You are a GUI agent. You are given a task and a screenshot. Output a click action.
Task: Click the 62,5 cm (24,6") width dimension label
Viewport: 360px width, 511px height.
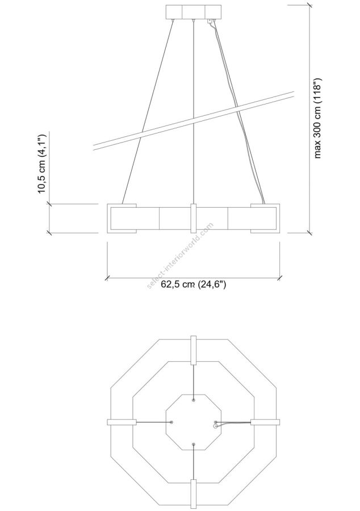click(194, 284)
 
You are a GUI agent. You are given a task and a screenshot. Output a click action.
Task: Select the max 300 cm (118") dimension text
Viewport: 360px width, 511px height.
click(317, 119)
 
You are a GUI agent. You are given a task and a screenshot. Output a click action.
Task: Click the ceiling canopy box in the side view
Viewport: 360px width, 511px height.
click(194, 12)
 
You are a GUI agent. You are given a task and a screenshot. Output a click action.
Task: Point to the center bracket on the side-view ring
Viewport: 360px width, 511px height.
click(194, 219)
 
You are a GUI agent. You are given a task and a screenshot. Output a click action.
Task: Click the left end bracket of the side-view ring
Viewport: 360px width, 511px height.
click(122, 219)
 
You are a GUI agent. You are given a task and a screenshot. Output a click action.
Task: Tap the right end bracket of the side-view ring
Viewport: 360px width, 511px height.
click(265, 219)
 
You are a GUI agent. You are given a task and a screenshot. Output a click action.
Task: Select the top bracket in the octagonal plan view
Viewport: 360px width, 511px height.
click(194, 350)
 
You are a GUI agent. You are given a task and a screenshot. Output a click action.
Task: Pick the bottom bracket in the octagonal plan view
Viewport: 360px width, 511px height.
click(194, 494)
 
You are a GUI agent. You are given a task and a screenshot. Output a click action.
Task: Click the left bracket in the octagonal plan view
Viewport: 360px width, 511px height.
click(122, 422)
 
